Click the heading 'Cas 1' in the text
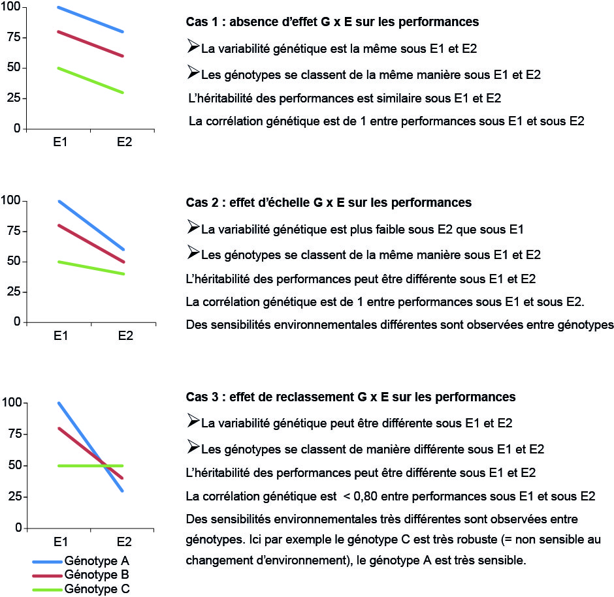point(332,22)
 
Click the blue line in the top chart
point(91,20)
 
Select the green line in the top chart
point(91,80)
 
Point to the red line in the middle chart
point(91,243)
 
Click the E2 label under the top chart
point(125,142)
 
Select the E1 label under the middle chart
point(60,335)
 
